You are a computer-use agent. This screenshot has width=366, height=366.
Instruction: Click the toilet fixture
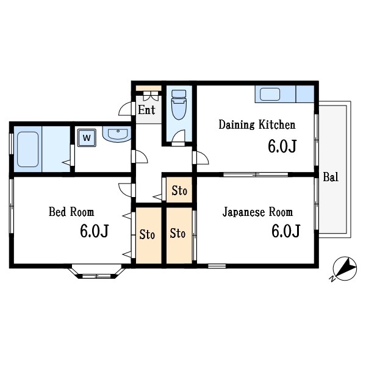(179, 104)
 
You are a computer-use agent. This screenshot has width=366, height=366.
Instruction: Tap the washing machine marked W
(87, 138)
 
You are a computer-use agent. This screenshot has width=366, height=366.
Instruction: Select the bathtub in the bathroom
(28, 149)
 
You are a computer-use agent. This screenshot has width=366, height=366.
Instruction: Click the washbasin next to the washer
(117, 134)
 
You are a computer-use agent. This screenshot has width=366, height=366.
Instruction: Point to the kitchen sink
(270, 95)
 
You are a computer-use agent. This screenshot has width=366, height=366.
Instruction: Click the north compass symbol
(345, 268)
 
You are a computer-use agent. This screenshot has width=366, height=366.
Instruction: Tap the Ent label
(146, 110)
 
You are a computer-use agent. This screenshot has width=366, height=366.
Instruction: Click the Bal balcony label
(331, 177)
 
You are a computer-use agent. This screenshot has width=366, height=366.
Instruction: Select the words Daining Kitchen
(257, 124)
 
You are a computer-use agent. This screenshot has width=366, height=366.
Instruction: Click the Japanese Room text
(257, 212)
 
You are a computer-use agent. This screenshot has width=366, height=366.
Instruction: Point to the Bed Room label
(71, 212)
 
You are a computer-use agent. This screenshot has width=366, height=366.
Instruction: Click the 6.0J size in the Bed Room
(95, 231)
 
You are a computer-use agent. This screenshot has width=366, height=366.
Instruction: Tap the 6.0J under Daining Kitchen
(282, 146)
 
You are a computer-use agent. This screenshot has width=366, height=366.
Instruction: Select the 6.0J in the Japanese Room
(285, 231)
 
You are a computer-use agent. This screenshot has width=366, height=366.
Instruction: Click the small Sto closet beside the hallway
(179, 190)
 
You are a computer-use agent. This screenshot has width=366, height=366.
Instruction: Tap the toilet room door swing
(178, 136)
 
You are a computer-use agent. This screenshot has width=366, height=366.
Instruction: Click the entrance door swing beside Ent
(126, 109)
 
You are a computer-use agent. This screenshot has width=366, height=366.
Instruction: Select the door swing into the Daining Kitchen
(203, 158)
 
